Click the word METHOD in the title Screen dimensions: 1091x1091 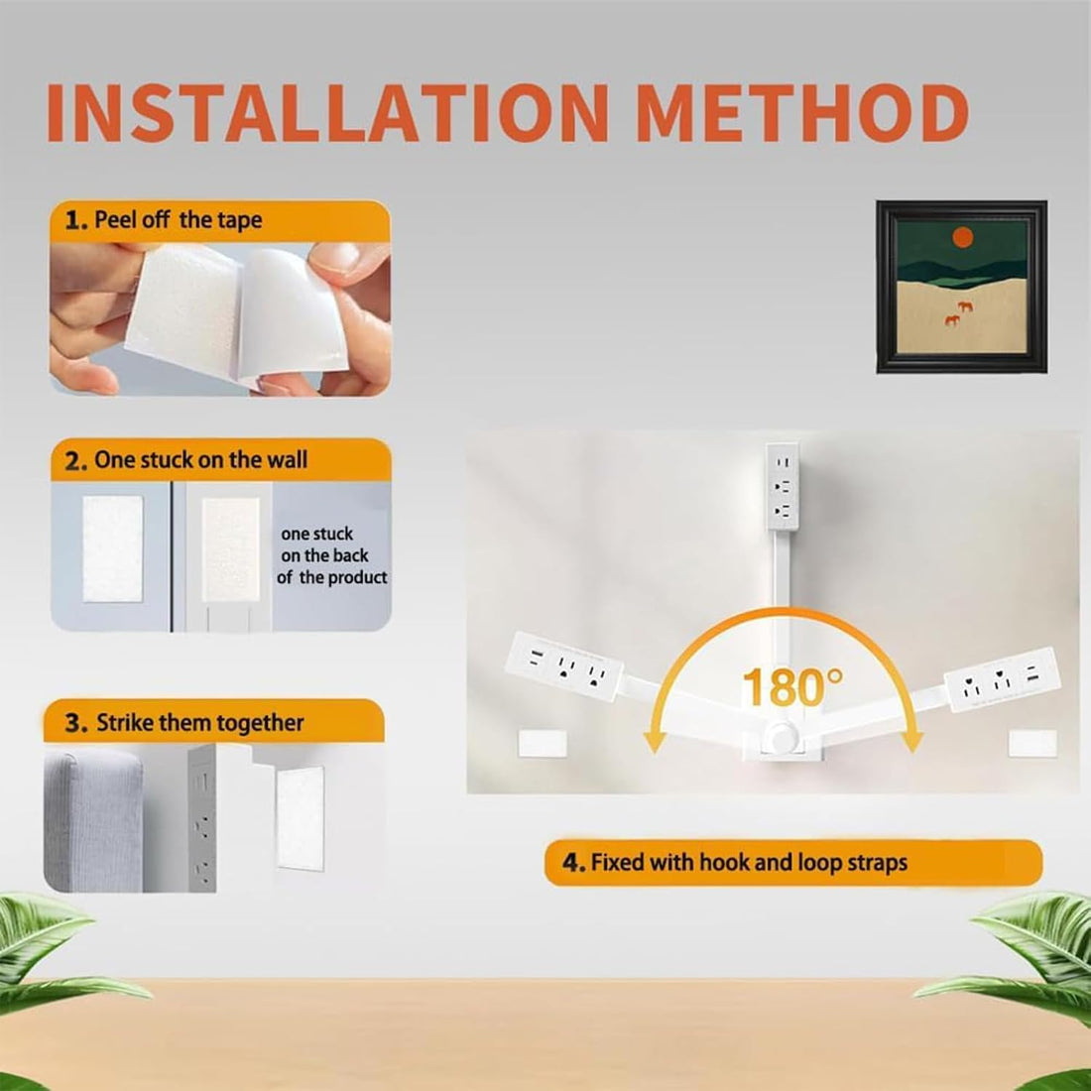[x=803, y=113]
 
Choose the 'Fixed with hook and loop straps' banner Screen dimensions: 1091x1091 [x=792, y=863]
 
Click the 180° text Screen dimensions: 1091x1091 [x=791, y=687]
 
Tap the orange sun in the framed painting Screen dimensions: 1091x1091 [x=962, y=238]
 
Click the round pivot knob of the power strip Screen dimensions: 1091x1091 [x=783, y=736]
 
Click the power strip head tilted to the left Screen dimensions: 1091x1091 [x=564, y=667]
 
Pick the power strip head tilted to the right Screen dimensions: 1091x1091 [x=1003, y=679]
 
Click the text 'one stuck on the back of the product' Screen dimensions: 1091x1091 [x=332, y=555]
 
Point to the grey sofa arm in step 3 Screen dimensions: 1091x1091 [x=94, y=820]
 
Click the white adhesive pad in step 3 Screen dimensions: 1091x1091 [x=300, y=819]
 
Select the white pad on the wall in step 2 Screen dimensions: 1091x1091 [x=113, y=548]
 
